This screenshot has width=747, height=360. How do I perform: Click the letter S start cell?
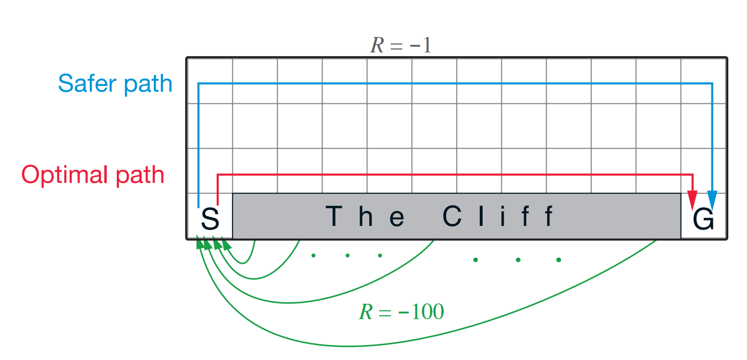click(210, 219)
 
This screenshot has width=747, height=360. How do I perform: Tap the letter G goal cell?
click(703, 219)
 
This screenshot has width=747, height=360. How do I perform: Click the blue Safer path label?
click(115, 84)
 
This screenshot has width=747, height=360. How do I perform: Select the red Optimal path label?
click(93, 174)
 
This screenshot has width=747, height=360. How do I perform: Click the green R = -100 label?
click(401, 312)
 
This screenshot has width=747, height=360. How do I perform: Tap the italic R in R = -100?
click(365, 312)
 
